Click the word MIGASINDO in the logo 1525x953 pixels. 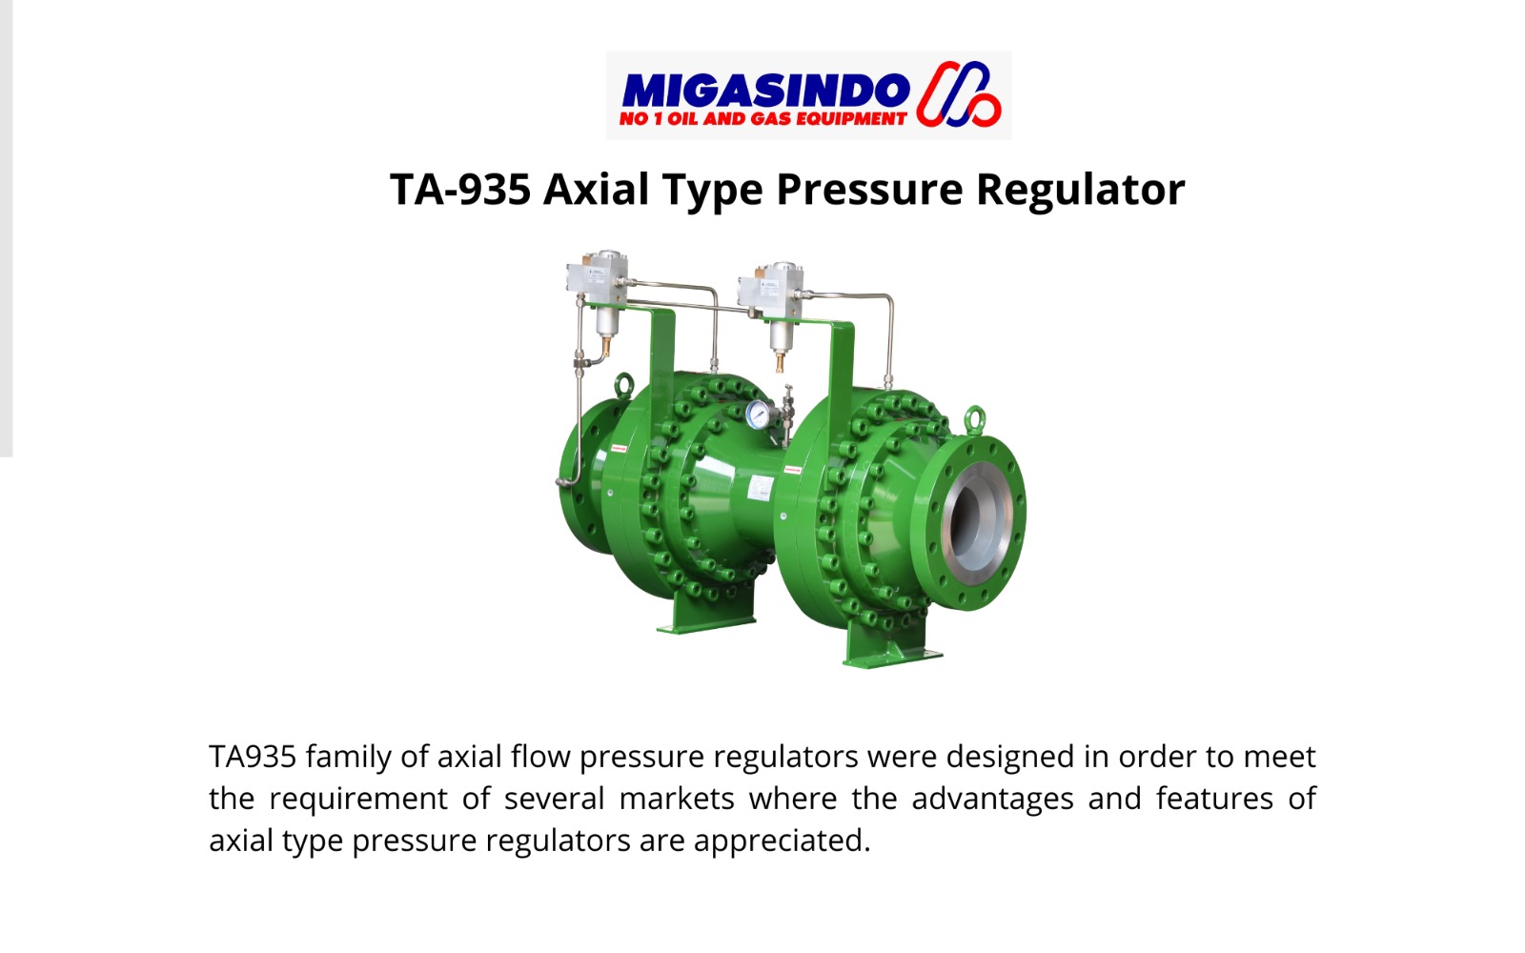click(766, 91)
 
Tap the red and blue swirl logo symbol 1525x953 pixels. click(959, 94)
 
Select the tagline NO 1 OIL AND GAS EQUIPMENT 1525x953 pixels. click(763, 119)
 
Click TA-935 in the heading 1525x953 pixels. click(460, 189)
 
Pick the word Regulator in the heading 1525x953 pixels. click(1081, 190)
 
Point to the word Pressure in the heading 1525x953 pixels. click(870, 189)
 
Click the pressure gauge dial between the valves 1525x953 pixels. click(759, 415)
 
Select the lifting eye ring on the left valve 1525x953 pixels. click(623, 385)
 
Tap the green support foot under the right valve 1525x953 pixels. click(889, 647)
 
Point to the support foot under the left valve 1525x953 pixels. click(706, 613)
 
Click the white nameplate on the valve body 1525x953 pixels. click(762, 487)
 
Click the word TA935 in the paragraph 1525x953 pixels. click(253, 757)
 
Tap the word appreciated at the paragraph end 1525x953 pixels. click(783, 841)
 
